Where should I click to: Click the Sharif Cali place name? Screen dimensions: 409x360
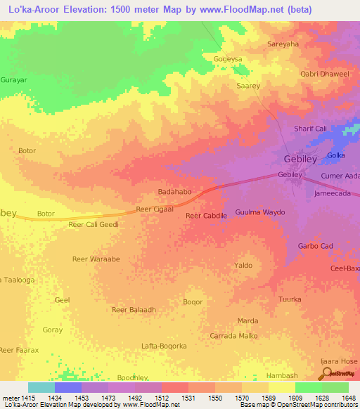click(x=310, y=129)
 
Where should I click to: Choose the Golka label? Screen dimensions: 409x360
click(x=335, y=155)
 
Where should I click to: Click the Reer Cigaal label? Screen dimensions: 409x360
click(x=154, y=209)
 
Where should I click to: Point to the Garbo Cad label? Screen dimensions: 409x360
click(x=315, y=246)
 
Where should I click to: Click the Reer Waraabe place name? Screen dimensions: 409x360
click(x=96, y=259)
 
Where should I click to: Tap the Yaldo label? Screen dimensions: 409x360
click(x=243, y=266)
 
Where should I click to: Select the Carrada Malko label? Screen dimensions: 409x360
click(x=233, y=336)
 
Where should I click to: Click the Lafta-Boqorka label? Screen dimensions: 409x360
click(x=164, y=346)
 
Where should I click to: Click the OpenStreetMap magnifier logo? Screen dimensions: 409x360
click(x=328, y=373)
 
